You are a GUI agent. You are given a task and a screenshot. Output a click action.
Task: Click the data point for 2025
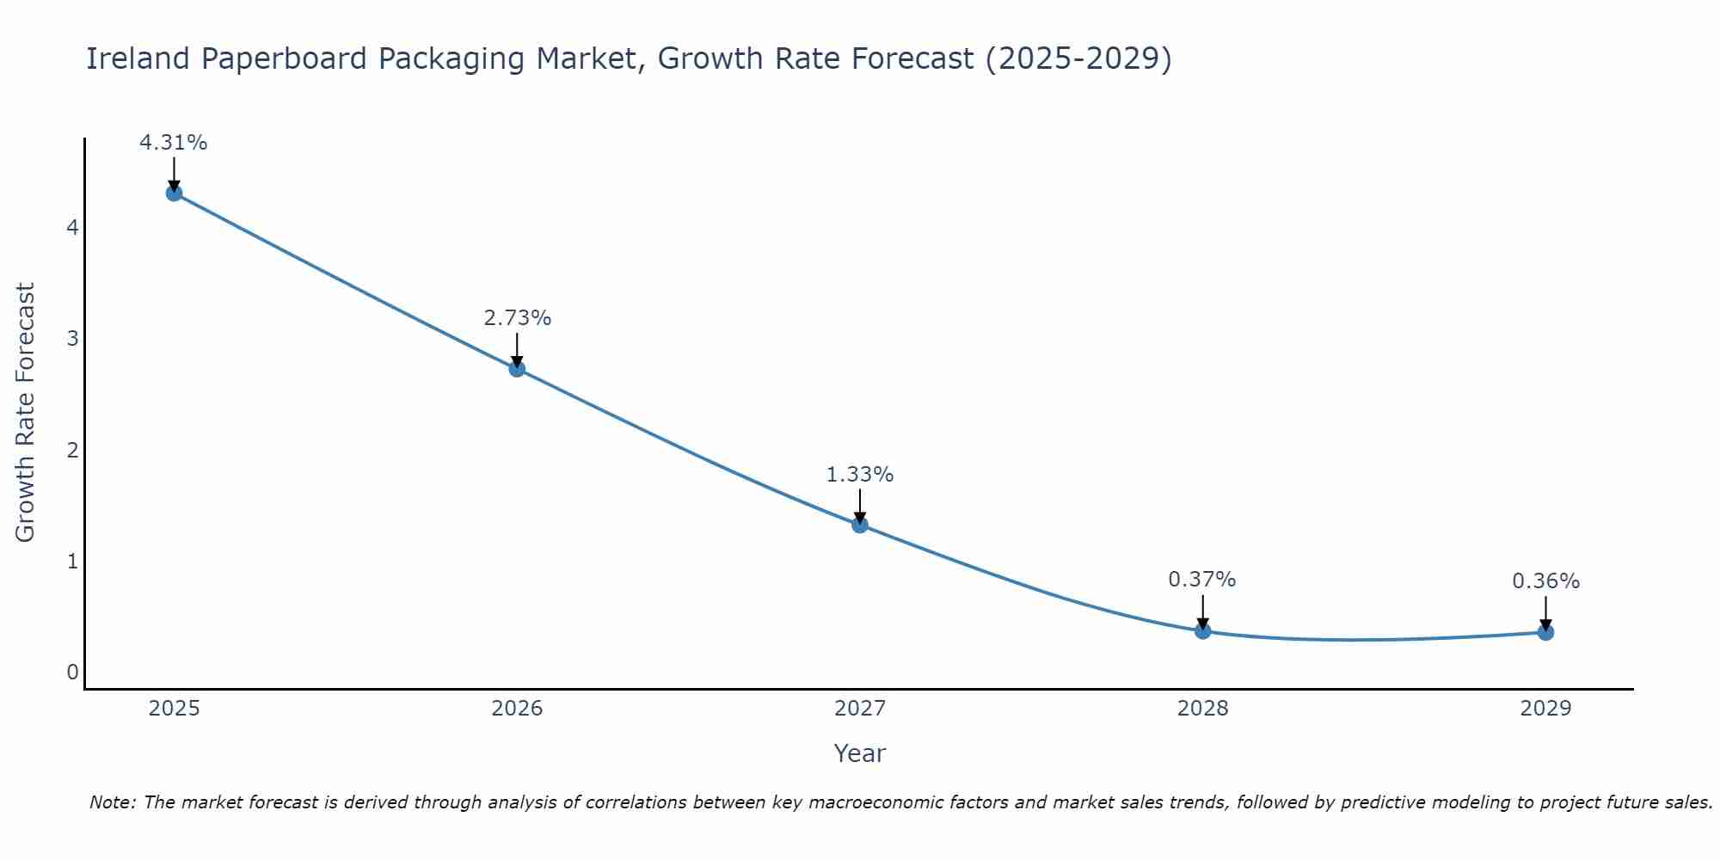pyautogui.click(x=174, y=193)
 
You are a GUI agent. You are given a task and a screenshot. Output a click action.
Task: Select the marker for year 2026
pyautogui.click(x=517, y=369)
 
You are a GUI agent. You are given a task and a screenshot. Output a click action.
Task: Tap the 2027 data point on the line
pyautogui.click(x=860, y=525)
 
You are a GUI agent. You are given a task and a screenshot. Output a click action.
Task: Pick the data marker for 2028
pyautogui.click(x=1202, y=631)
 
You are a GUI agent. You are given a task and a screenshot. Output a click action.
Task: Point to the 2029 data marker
pyautogui.click(x=1545, y=633)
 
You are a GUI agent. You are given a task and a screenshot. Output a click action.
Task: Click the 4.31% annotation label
pyautogui.click(x=174, y=143)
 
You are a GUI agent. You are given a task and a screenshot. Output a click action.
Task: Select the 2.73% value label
pyautogui.click(x=517, y=318)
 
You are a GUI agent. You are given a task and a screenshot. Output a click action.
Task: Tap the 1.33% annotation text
pyautogui.click(x=860, y=475)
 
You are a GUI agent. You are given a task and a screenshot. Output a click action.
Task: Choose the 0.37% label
pyautogui.click(x=1202, y=580)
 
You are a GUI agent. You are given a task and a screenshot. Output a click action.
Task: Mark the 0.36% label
pyautogui.click(x=1545, y=581)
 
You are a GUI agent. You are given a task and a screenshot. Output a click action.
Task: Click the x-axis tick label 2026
pyautogui.click(x=517, y=709)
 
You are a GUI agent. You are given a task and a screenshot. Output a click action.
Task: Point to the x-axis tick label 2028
pyautogui.click(x=1202, y=709)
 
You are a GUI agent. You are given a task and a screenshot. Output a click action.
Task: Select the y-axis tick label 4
pyautogui.click(x=73, y=228)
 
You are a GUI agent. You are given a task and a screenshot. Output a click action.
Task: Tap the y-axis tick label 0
pyautogui.click(x=73, y=672)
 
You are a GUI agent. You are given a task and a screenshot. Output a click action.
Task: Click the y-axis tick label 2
pyautogui.click(x=73, y=450)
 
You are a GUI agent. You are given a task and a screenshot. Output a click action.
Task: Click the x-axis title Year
pyautogui.click(x=860, y=753)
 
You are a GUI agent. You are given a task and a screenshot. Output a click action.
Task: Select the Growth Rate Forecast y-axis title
pyautogui.click(x=26, y=413)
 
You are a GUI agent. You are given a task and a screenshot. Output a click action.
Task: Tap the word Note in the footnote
pyautogui.click(x=112, y=802)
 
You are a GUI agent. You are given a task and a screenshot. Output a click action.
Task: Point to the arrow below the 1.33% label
pyautogui.click(x=860, y=507)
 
